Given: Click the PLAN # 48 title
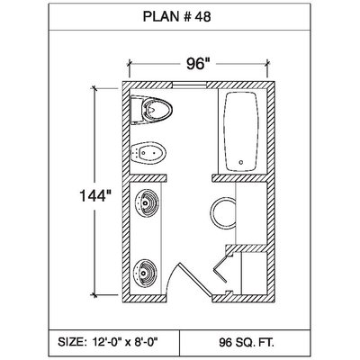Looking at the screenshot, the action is pyautogui.click(x=176, y=17).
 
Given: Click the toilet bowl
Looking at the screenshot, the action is pyautogui.click(x=157, y=109).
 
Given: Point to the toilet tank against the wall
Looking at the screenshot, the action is pyautogui.click(x=137, y=110).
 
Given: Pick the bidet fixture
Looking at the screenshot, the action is pyautogui.click(x=148, y=153).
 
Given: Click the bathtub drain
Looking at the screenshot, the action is pyautogui.click(x=241, y=162).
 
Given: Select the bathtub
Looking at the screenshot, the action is pyautogui.click(x=242, y=131).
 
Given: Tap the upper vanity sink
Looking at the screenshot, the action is pyautogui.click(x=146, y=203).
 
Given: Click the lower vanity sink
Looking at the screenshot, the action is pyautogui.click(x=146, y=273).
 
